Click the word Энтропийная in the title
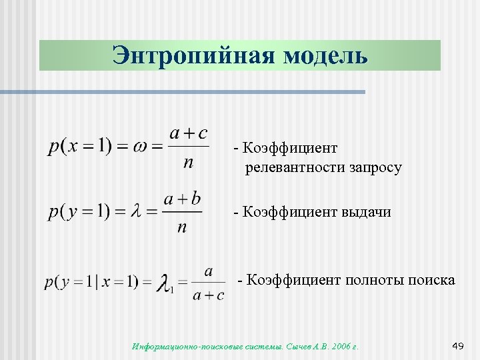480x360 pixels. [x=192, y=55]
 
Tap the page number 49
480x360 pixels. [x=457, y=345]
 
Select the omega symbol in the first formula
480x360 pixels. [x=141, y=146]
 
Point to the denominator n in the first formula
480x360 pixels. [x=188, y=162]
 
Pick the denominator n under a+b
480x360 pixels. [x=181, y=227]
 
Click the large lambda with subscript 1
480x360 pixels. [x=165, y=283]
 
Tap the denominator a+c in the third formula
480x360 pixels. [x=208, y=296]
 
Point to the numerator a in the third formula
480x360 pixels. [x=209, y=271]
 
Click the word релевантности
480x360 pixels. [x=295, y=167]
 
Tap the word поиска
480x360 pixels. [x=433, y=279]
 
